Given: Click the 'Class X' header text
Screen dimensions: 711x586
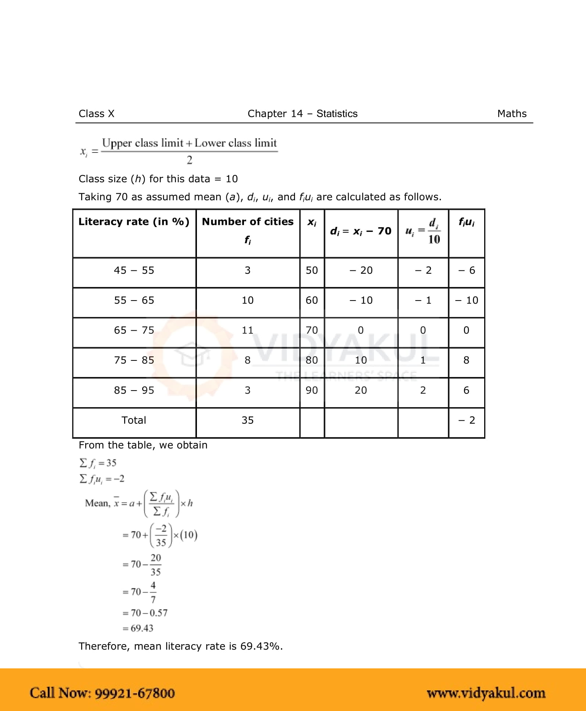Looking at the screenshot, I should [96, 114].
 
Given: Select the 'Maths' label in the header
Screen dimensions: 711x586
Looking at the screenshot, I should [511, 114].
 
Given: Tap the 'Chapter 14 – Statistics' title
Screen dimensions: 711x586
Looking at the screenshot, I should [302, 114].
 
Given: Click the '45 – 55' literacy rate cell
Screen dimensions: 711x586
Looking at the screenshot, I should [134, 270].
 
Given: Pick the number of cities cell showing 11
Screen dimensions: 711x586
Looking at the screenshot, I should [248, 330].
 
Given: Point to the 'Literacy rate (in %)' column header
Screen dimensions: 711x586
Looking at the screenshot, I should [134, 222].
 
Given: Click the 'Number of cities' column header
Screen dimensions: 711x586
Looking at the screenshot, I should [248, 222].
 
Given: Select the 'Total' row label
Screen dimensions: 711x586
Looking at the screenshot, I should [134, 420].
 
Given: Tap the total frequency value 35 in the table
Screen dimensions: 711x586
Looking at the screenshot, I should [248, 420].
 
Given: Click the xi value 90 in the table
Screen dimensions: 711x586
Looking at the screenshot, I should [312, 390].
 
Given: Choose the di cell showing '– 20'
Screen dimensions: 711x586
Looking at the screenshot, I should [361, 270].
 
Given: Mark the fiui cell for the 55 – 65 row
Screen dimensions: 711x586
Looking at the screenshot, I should [467, 301].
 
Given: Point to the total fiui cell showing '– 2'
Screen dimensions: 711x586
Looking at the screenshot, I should [467, 420].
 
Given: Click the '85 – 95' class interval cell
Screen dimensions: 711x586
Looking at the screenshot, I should [134, 390].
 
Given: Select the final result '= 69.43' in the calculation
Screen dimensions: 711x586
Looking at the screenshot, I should [138, 628].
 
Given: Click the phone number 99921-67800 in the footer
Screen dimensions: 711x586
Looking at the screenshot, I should [134, 693].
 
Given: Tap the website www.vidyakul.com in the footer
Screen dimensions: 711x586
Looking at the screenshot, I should [486, 693].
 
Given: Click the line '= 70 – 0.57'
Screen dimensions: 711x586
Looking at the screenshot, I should [145, 613].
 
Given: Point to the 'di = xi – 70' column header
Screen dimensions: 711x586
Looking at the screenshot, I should [361, 231].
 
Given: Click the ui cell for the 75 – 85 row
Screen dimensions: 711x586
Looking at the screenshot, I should [423, 360].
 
